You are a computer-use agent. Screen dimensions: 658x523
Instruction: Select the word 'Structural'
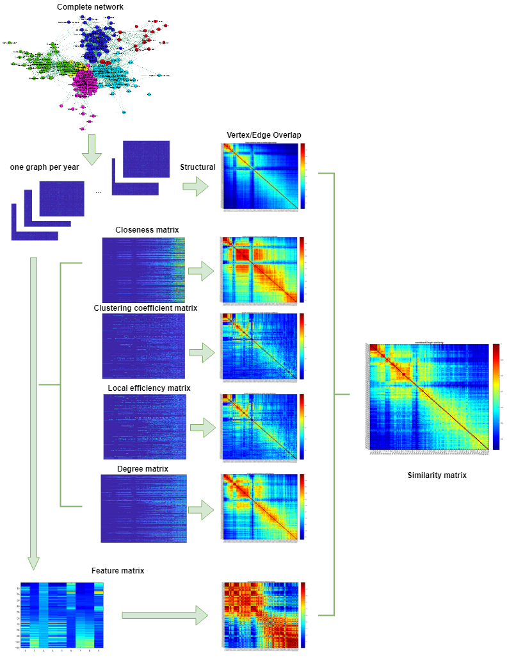198,168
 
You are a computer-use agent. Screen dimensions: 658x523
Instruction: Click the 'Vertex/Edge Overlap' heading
264,135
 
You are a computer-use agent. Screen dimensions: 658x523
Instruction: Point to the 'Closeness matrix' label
147,230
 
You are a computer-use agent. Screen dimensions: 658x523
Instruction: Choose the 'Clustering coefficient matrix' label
145,308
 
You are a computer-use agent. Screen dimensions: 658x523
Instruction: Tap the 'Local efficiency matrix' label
149,388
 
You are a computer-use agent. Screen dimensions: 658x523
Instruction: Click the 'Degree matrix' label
143,469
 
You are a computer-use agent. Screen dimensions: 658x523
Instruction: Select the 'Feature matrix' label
118,571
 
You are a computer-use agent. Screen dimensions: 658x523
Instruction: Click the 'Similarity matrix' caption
437,475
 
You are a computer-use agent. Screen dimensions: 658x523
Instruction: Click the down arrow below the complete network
92,149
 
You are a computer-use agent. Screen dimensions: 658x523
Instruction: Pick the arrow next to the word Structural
196,187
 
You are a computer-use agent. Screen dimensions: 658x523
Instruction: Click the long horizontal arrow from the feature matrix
165,616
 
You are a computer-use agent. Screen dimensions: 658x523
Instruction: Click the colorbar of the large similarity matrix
496,397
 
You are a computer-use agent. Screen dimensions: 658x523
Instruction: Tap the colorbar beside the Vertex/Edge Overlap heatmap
302,176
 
